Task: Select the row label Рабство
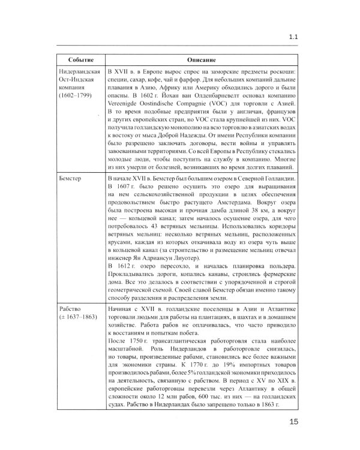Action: (x=73, y=309)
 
